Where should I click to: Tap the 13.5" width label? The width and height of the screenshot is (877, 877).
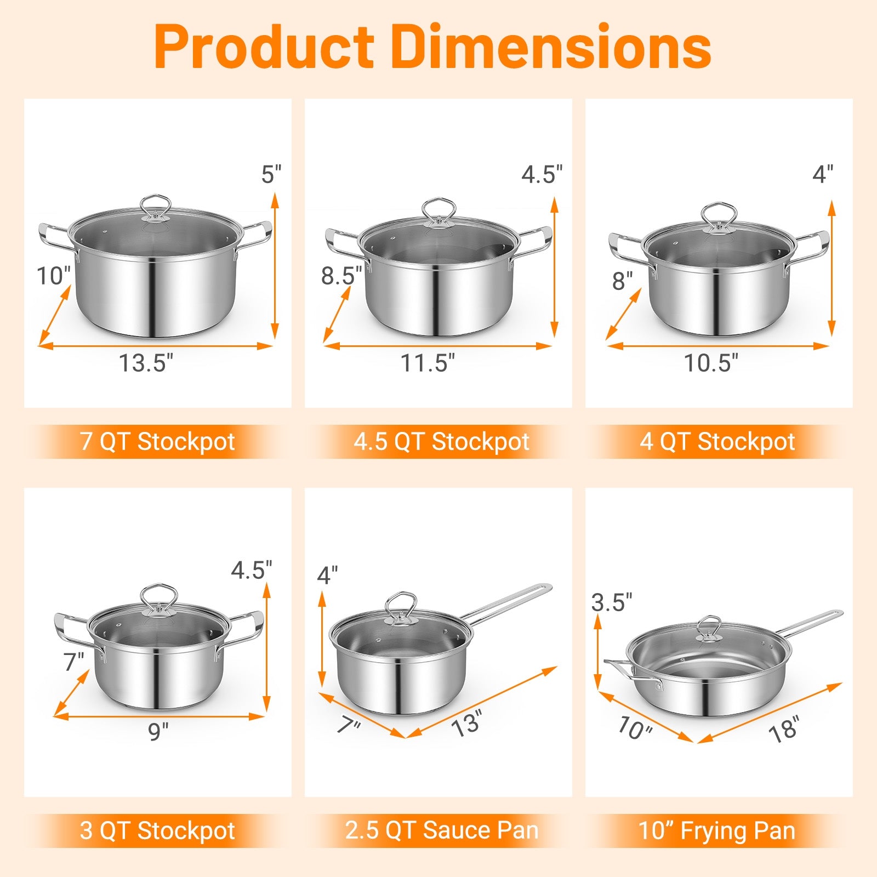click(146, 363)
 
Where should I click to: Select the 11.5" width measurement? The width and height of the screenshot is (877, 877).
click(428, 363)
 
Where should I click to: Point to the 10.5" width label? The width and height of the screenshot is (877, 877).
click(710, 363)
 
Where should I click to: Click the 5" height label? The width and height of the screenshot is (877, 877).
click(271, 175)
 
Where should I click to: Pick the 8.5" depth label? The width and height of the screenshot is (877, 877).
click(341, 276)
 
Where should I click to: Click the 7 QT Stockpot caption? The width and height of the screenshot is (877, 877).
click(158, 442)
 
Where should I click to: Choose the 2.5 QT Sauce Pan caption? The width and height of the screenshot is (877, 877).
click(442, 830)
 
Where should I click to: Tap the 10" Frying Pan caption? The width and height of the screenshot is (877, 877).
click(717, 830)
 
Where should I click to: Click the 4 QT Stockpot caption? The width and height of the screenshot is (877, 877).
click(717, 442)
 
